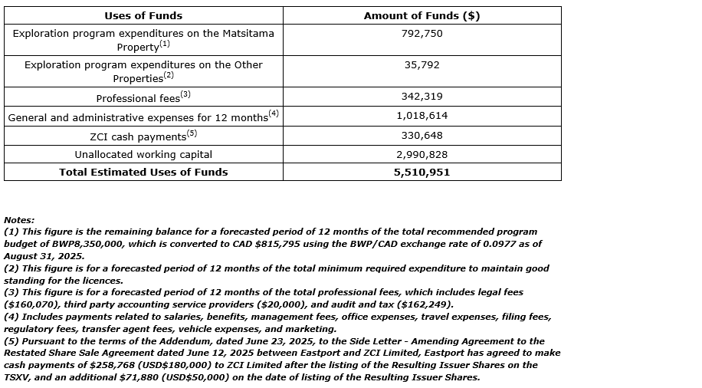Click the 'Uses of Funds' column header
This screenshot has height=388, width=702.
click(x=143, y=15)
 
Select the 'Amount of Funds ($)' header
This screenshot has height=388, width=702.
click(x=422, y=15)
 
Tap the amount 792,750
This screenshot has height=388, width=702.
click(x=422, y=34)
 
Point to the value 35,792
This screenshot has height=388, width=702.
click(x=422, y=65)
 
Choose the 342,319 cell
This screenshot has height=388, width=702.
click(x=422, y=97)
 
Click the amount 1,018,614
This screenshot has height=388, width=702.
click(x=422, y=116)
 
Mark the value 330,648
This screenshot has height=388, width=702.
click(x=422, y=136)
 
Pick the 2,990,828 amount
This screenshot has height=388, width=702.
click(x=422, y=154)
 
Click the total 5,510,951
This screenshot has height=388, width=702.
click(x=422, y=173)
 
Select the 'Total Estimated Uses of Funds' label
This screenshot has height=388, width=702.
click(x=143, y=173)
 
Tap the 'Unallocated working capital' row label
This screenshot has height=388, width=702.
click(x=143, y=154)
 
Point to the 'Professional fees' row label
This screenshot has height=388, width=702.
click(x=139, y=98)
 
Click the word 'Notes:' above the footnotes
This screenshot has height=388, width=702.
click(x=19, y=220)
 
